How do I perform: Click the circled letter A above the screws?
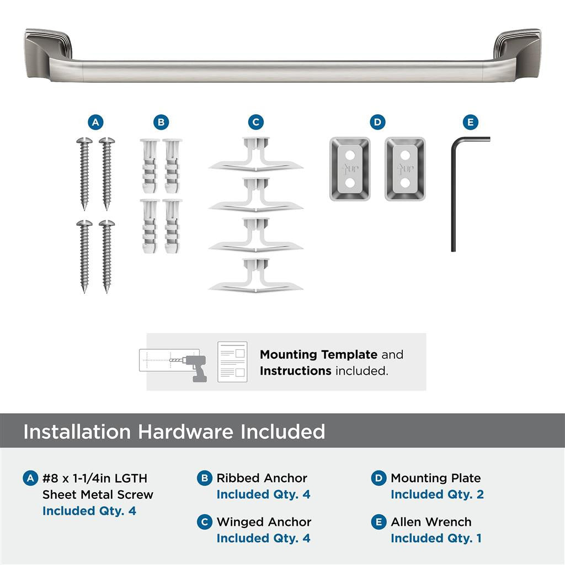pos(95,122)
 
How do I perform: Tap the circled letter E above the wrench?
pos(470,122)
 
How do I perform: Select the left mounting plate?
pos(350,169)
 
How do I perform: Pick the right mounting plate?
pos(405,169)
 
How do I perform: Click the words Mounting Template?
pos(318,355)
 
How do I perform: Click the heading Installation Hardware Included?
pos(174,431)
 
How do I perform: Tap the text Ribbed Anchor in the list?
pos(262,478)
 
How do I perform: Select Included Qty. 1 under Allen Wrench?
pos(436,538)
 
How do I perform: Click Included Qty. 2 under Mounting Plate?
pos(437,494)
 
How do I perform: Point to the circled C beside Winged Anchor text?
pos(205,522)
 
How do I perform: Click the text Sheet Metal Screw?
pos(98,494)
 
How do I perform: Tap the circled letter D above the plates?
pos(377,122)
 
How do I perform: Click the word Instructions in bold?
pos(295,371)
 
